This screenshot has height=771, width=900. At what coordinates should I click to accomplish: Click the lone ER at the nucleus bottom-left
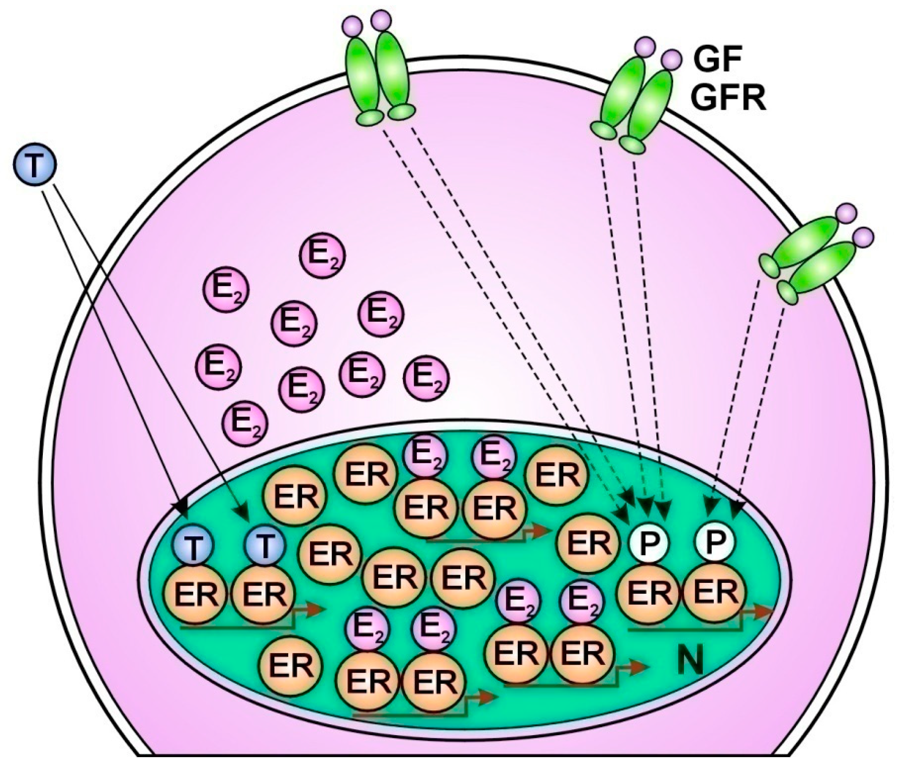[290, 665]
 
